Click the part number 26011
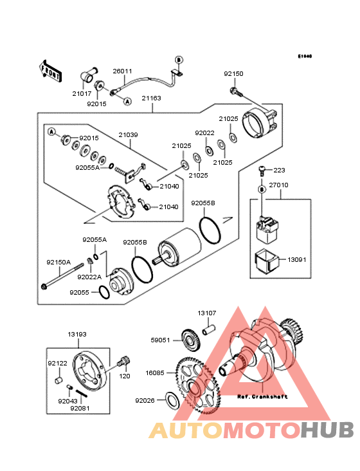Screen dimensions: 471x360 [x=122, y=71]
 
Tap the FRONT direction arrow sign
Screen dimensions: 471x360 [x=51, y=69]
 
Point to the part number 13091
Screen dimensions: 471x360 [x=296, y=261]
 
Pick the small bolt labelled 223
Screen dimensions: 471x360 [x=262, y=171]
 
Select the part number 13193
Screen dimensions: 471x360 [x=77, y=334]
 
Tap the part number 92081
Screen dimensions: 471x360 [x=80, y=409]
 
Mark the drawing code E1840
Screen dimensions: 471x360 [x=304, y=56]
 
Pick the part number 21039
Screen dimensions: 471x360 [x=127, y=135]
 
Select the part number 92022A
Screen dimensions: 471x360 [x=87, y=277]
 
